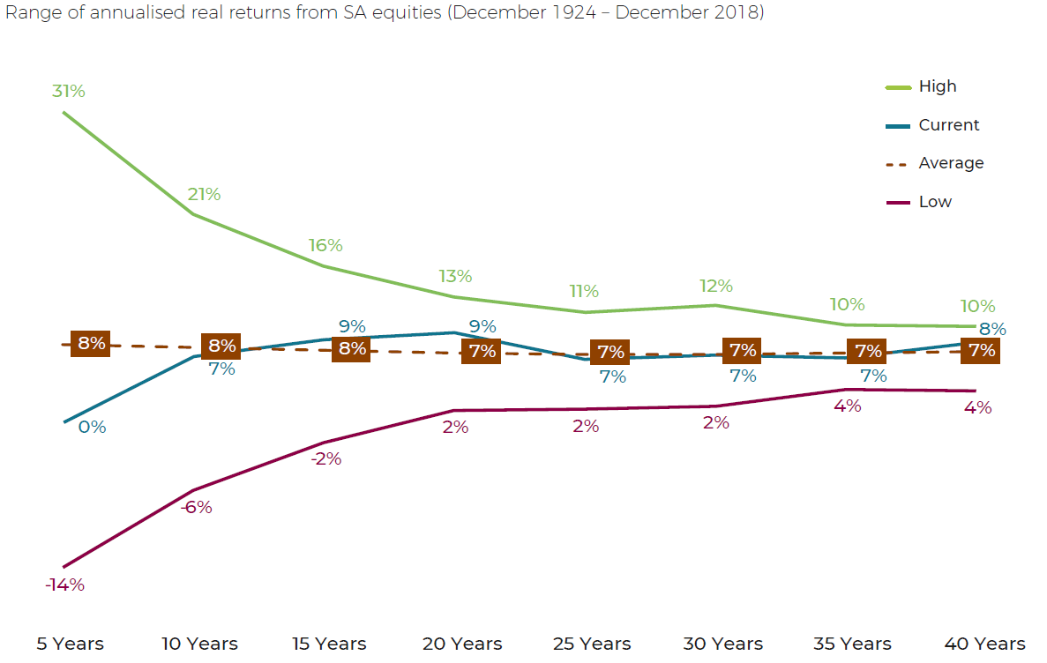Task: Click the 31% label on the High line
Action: pyautogui.click(x=69, y=91)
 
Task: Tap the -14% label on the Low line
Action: pyautogui.click(x=65, y=585)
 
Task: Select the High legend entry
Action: pyautogui.click(x=937, y=86)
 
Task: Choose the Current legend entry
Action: pyautogui.click(x=948, y=125)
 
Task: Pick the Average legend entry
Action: pyautogui.click(x=951, y=163)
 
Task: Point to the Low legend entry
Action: pyautogui.click(x=935, y=202)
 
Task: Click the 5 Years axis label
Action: pyautogui.click(x=70, y=644)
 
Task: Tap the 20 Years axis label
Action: pyautogui.click(x=462, y=644)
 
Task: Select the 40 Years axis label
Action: pyautogui.click(x=984, y=644)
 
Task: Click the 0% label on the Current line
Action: pyautogui.click(x=92, y=428)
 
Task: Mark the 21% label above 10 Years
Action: pyautogui.click(x=204, y=195)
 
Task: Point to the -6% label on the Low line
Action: pyautogui.click(x=196, y=508)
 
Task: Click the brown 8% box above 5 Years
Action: pyautogui.click(x=91, y=344)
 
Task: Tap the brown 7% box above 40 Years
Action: pyautogui.click(x=982, y=350)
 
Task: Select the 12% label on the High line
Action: pyautogui.click(x=716, y=286)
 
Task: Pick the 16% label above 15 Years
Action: pyautogui.click(x=326, y=245)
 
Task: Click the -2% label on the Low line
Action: pyautogui.click(x=325, y=459)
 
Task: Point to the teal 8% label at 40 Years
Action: pyautogui.click(x=993, y=329)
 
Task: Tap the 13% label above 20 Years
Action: pyautogui.click(x=455, y=276)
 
